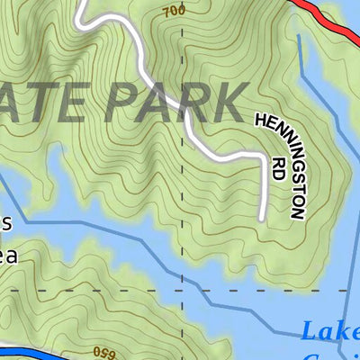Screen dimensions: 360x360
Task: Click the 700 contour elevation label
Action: pyautogui.click(x=175, y=10)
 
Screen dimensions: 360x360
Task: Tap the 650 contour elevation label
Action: pyautogui.click(x=104, y=349)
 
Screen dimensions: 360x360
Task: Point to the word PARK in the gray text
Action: pyautogui.click(x=176, y=102)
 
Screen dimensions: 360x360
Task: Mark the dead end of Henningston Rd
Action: pyautogui.click(x=260, y=219)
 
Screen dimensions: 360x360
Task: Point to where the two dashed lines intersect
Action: pyautogui.click(x=183, y=292)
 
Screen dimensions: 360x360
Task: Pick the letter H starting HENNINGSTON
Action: pyautogui.click(x=262, y=120)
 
